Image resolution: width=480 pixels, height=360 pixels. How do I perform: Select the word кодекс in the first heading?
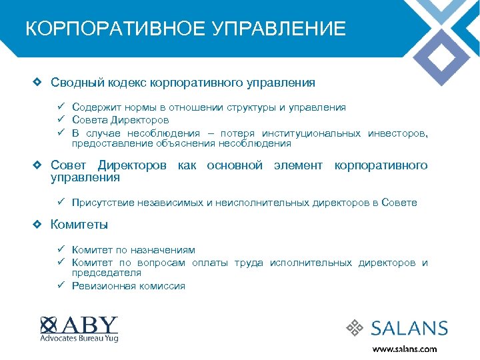(x=127, y=83)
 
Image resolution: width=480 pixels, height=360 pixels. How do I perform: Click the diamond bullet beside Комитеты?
(x=39, y=225)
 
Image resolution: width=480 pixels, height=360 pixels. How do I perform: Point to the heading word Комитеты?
(x=79, y=225)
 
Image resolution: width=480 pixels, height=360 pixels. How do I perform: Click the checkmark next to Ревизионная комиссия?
(x=60, y=285)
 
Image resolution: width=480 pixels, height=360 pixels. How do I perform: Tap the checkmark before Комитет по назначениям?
(x=60, y=249)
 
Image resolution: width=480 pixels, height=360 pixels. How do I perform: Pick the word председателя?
(x=107, y=273)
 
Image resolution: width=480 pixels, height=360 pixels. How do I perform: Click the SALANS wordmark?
(x=409, y=328)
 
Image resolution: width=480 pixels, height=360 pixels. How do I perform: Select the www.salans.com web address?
(x=404, y=349)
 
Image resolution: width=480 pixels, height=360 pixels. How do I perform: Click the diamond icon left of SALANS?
(x=354, y=327)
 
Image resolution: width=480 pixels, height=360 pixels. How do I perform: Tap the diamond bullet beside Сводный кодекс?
(x=39, y=83)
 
